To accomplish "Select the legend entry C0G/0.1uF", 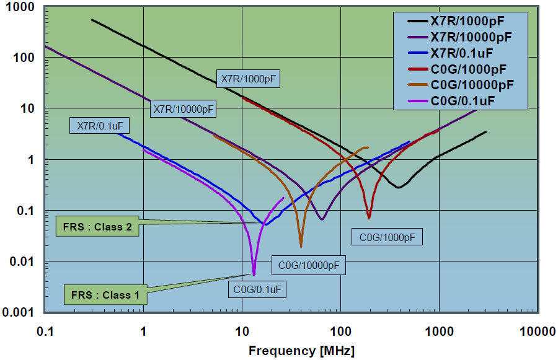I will coord(464,100).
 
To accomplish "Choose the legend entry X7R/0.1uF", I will coord(464,53).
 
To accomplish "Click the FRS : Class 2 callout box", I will coord(97,227).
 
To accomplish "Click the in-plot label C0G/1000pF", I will coord(387,237).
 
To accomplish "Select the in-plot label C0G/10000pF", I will coord(308,266).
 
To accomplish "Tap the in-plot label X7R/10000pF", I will coord(183,109).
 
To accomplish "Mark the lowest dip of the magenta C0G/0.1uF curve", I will coord(254,273).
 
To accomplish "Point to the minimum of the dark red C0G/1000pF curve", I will coord(369,217).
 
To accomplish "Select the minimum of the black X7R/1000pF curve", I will coord(399,187).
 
